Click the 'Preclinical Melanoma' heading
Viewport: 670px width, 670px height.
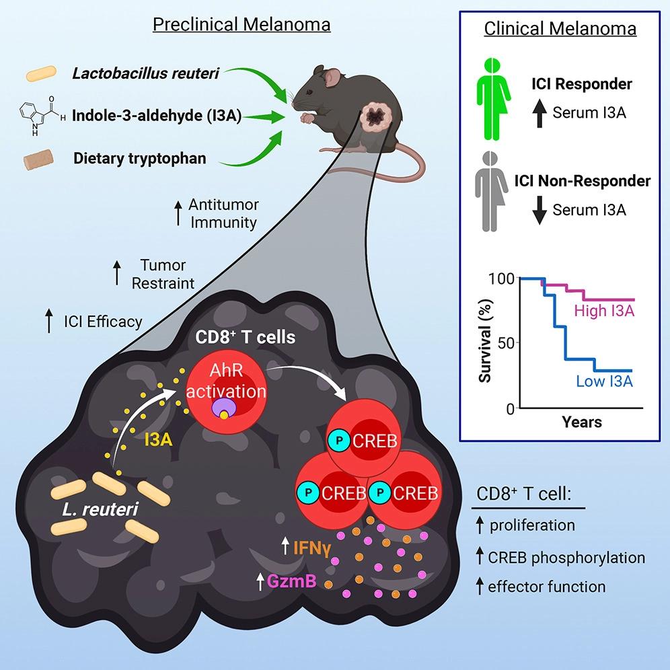(x=241, y=26)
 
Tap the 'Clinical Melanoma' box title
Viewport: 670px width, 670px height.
(x=560, y=29)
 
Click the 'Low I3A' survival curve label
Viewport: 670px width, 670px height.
(x=603, y=382)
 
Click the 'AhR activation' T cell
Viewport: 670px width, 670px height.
(x=226, y=389)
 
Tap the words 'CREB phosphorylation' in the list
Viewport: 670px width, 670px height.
(x=567, y=557)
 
